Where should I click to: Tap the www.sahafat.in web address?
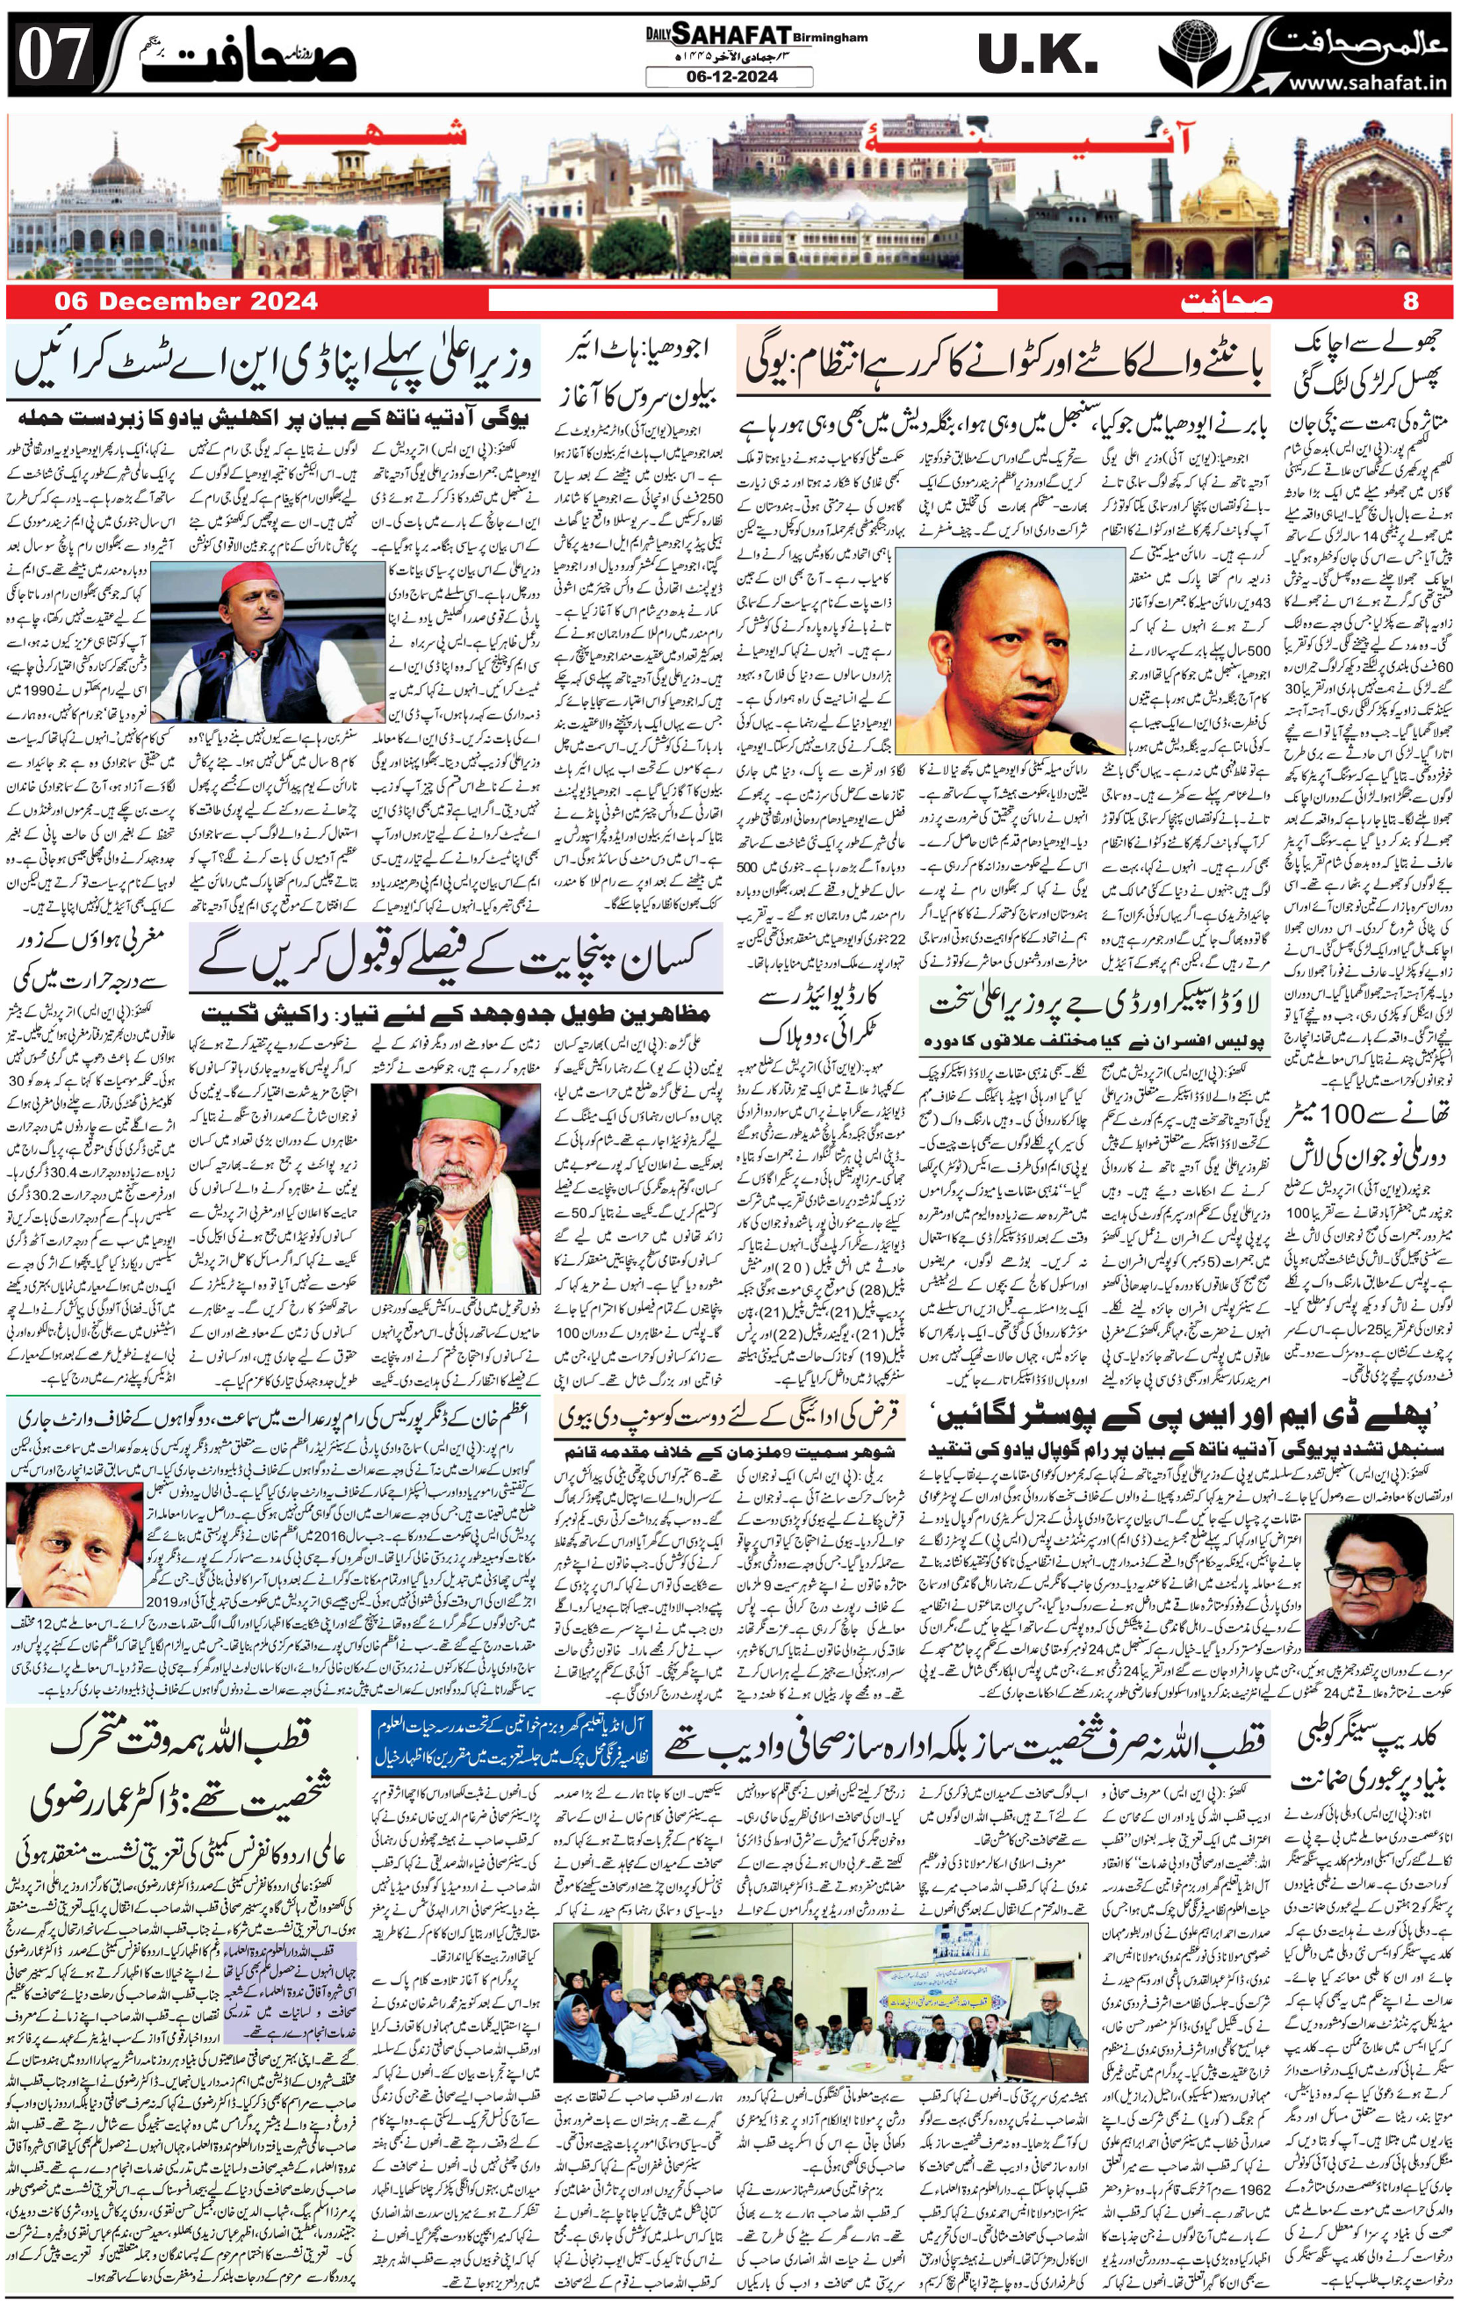coord(1365,85)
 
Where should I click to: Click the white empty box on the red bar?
coord(742,302)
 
